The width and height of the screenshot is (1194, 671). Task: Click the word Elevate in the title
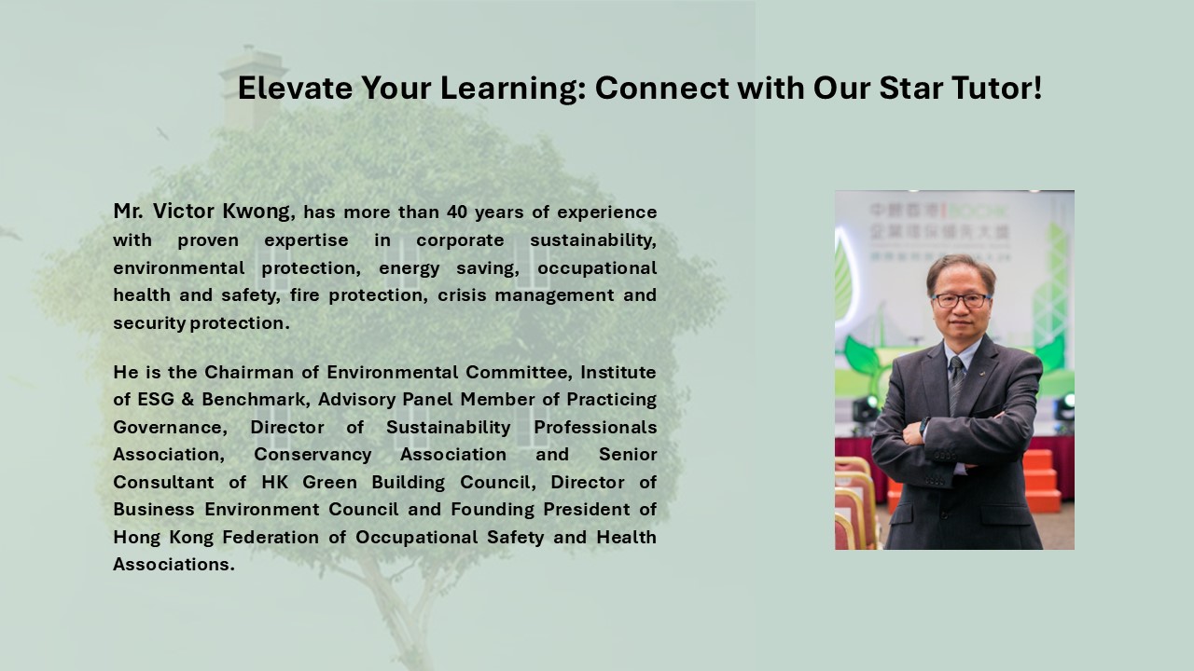(x=295, y=88)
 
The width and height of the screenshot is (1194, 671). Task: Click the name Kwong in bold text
(x=256, y=212)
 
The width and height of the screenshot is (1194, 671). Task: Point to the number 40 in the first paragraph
(x=457, y=212)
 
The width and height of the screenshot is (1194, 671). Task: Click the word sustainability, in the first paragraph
(x=593, y=240)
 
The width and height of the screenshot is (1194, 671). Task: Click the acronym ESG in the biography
(x=156, y=399)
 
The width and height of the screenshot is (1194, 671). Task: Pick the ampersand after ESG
(x=187, y=400)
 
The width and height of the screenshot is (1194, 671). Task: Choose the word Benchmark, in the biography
(x=256, y=400)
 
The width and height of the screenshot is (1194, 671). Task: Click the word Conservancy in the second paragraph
(x=312, y=454)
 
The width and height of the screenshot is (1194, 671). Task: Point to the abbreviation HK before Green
(x=274, y=482)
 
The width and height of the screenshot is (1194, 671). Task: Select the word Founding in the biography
(x=493, y=510)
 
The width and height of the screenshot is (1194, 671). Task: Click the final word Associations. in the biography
(x=174, y=564)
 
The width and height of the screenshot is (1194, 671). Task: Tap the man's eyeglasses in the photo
(x=961, y=301)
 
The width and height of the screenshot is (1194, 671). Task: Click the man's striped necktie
(x=956, y=383)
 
